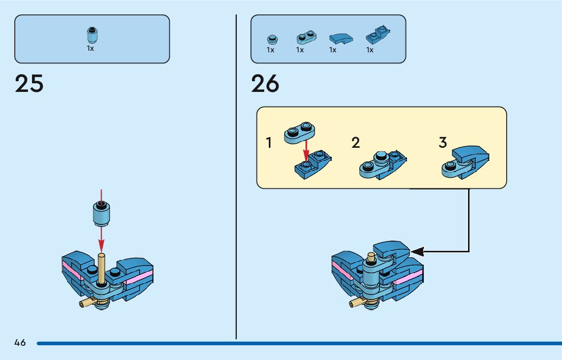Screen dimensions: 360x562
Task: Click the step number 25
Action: coord(29,84)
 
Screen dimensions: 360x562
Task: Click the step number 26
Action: coord(265,84)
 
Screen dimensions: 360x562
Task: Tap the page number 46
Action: coord(20,343)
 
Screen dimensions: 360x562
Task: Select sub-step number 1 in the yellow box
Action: coord(269,143)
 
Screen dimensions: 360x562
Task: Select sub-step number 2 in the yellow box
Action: coord(356,143)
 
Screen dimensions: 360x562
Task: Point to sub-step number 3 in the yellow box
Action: coord(443,143)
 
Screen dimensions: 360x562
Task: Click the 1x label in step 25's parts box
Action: coord(90,49)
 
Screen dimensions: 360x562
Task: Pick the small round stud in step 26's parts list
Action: coord(271,39)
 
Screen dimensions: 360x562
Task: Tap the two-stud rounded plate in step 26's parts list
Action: coord(306,37)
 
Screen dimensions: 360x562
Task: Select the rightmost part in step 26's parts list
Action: coord(377,36)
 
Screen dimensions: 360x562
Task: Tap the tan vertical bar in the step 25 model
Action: coord(101,269)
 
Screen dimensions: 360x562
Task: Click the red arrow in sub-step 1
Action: coord(306,149)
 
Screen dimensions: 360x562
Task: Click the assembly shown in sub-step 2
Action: coord(382,163)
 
